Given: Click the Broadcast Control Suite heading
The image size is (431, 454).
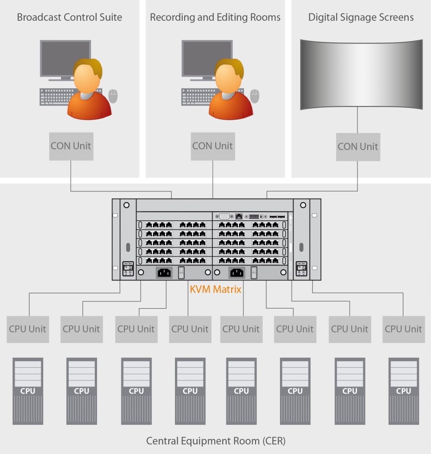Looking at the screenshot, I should tap(70, 18).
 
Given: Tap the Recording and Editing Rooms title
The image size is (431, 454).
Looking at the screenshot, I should tap(215, 18).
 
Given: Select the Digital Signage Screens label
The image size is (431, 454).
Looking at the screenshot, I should tap(361, 18).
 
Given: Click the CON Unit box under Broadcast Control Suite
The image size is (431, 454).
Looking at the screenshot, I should tap(71, 146).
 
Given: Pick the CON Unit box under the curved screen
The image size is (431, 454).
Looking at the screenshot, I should tap(357, 147).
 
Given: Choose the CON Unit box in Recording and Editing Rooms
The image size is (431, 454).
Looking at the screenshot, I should tap(213, 146).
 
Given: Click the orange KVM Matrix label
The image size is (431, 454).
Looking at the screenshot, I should tap(215, 290).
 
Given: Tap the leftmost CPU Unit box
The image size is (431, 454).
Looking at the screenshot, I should tap(27, 329).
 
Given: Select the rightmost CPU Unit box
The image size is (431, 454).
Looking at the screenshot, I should tap(403, 329).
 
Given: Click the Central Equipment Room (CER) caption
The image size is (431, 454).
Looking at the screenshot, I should tap(216, 441).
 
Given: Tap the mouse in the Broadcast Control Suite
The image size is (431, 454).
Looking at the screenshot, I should tap(113, 96).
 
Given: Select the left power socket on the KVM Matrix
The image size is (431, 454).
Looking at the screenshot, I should tap(164, 273).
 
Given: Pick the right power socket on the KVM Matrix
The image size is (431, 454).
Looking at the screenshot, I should tap(237, 273).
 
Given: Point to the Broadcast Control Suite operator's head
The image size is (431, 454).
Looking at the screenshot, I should tap(87, 75).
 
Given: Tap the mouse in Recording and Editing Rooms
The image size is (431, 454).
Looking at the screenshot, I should tap(255, 96).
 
